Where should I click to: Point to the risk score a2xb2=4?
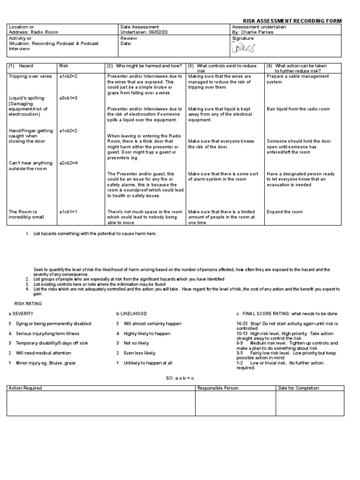pyautogui.click(x=68, y=163)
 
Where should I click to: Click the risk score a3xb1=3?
pyautogui.click(x=68, y=98)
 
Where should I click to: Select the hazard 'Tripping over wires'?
pyautogui.click(x=30, y=76)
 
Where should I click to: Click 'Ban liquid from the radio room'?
pyautogui.click(x=298, y=109)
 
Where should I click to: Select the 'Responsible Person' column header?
pyautogui.click(x=218, y=388)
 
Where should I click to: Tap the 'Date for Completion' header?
pyautogui.click(x=299, y=388)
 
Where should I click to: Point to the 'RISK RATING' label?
pyautogui.click(x=29, y=304)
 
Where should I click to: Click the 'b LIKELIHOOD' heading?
pyautogui.click(x=132, y=314)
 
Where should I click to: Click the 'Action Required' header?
pyautogui.click(x=25, y=388)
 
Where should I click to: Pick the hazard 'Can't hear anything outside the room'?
pyautogui.click(x=31, y=166)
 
